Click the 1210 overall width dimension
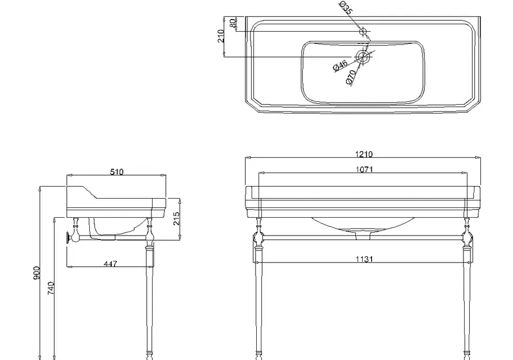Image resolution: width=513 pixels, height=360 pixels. pos(363,154)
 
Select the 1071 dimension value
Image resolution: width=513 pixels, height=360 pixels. pos(364,169)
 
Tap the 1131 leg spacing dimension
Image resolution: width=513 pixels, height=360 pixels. pos(364,259)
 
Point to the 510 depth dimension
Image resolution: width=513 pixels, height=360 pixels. pos(116,172)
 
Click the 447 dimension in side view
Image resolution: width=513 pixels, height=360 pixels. pos(110,263)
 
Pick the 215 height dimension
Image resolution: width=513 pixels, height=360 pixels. pos(176,218)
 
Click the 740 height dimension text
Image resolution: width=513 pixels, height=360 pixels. pos(51,288)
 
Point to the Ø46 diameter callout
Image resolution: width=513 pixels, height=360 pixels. pos(340,66)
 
